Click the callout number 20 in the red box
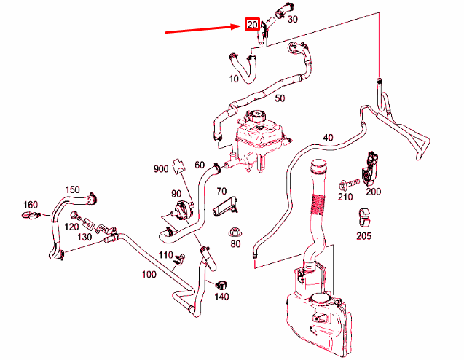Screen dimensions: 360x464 [252, 25]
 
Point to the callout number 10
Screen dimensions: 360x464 [234, 77]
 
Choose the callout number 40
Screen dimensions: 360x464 [327, 137]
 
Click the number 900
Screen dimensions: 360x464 [161, 169]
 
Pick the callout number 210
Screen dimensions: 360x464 [345, 197]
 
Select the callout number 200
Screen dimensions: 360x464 [373, 191]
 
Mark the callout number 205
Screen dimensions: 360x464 [364, 235]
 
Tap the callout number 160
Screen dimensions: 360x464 [30, 204]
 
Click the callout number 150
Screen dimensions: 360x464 [72, 189]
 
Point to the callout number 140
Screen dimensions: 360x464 [221, 297]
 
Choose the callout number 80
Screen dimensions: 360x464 [235, 243]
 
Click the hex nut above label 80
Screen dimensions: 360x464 [235, 231]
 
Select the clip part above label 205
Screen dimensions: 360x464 [366, 216]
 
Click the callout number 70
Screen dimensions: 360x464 [222, 191]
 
